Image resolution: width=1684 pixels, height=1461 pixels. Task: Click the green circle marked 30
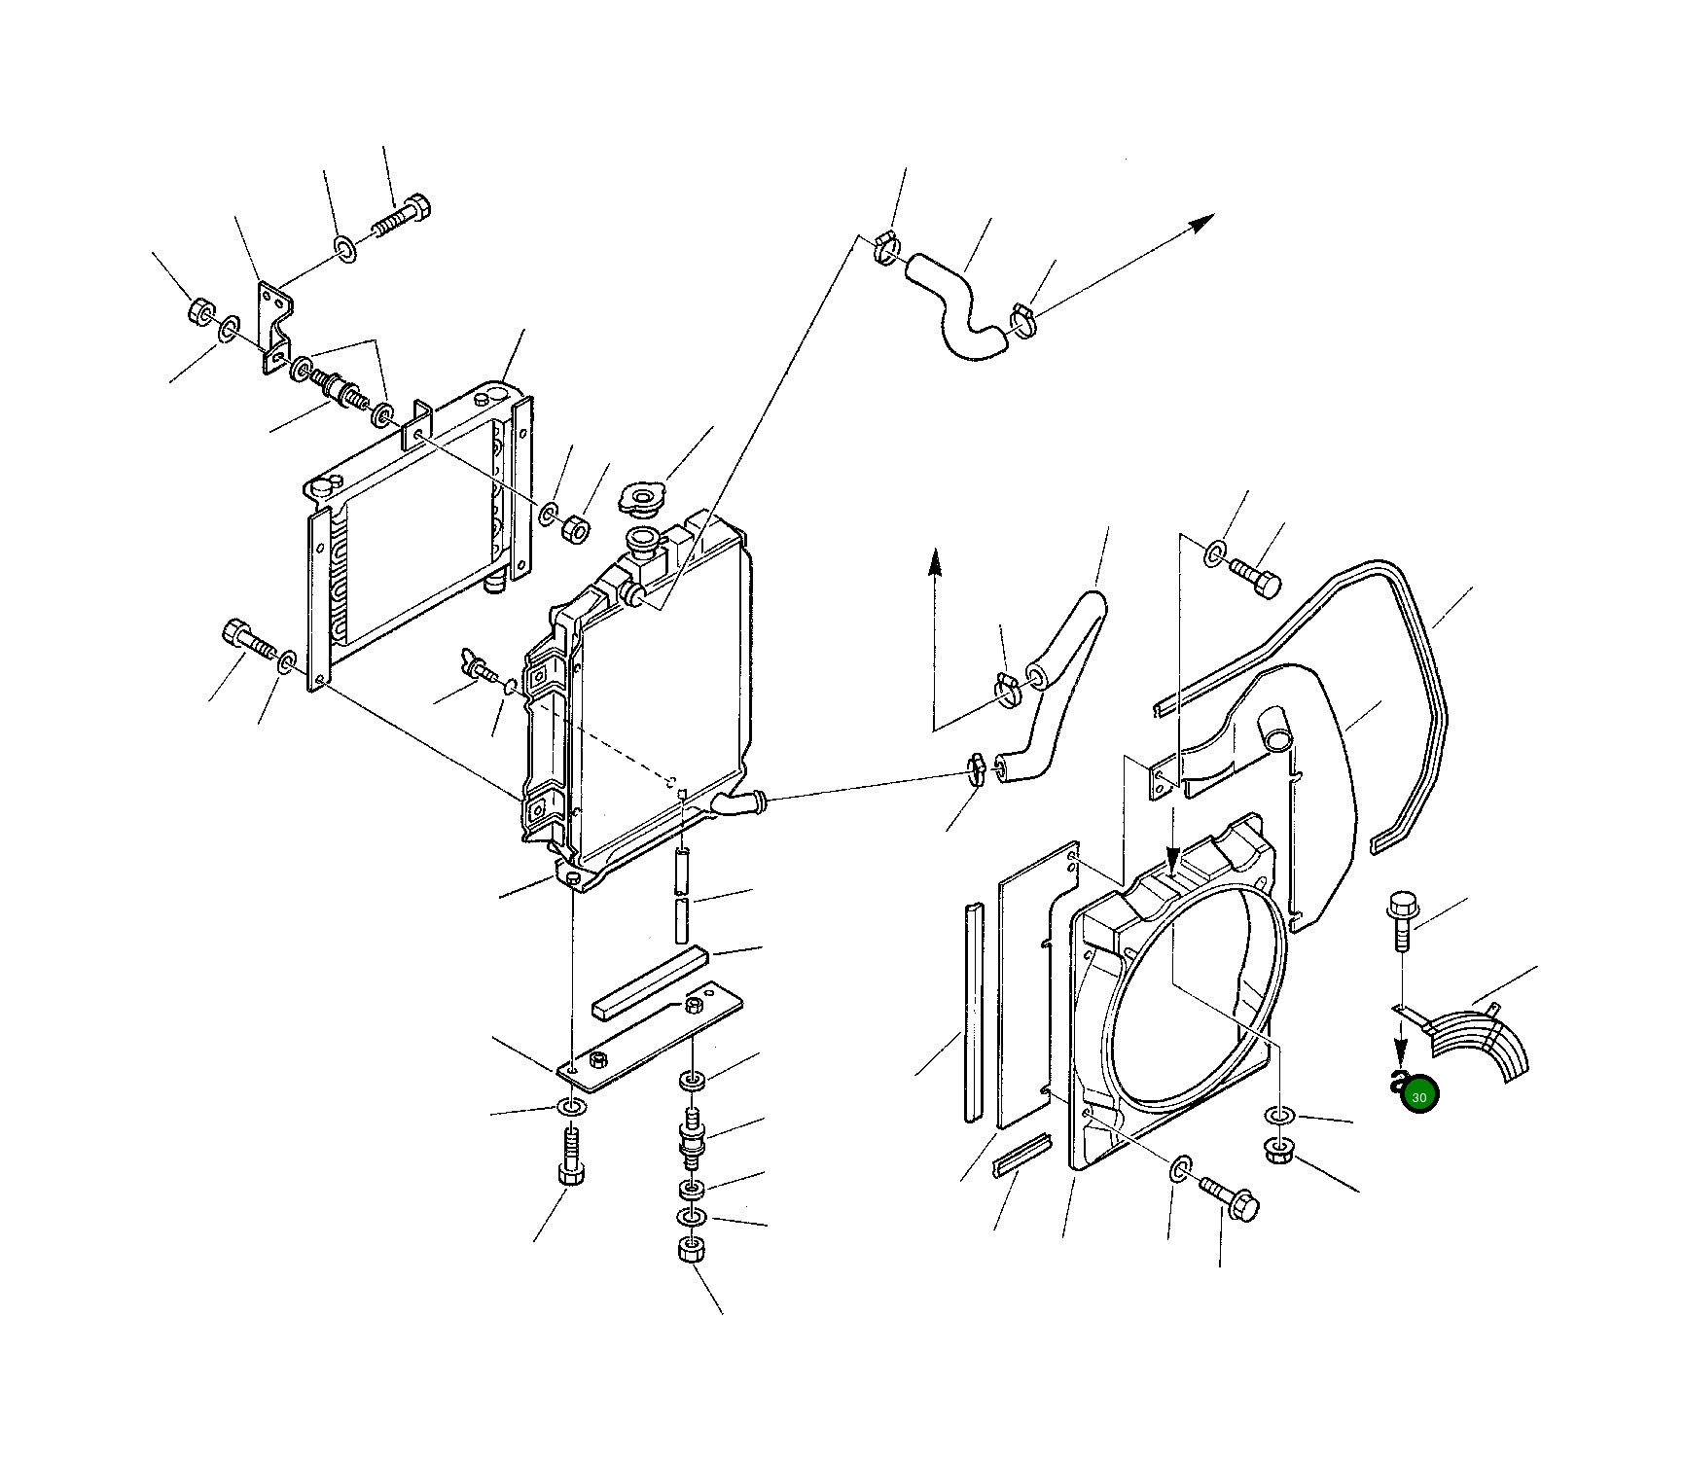(1419, 1096)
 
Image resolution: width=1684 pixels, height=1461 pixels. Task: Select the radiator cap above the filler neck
(642, 499)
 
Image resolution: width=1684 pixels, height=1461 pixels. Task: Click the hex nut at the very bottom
(691, 1250)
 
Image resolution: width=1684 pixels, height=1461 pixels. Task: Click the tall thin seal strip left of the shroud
(973, 1012)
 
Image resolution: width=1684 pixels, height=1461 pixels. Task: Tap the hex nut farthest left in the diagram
(201, 312)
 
